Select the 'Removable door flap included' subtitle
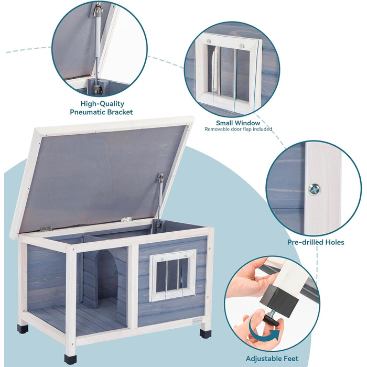click(239, 129)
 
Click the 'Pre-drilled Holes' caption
click(316, 242)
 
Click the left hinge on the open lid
click(46, 229)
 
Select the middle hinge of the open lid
click(126, 219)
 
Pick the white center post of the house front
click(134, 283)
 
